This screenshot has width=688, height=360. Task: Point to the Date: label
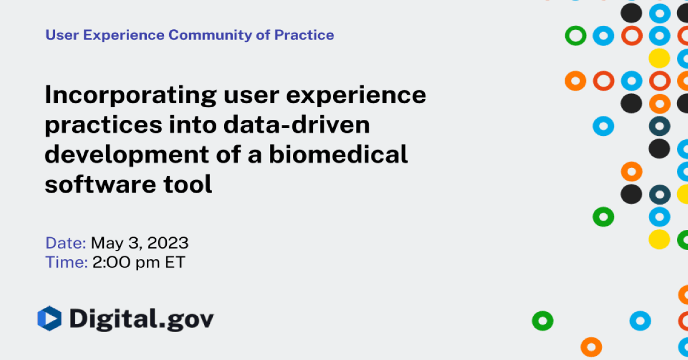65,243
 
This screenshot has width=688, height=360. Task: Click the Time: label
66,263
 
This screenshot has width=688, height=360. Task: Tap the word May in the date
105,243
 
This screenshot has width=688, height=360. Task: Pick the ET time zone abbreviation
173,263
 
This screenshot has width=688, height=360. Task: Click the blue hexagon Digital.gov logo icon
49,319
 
